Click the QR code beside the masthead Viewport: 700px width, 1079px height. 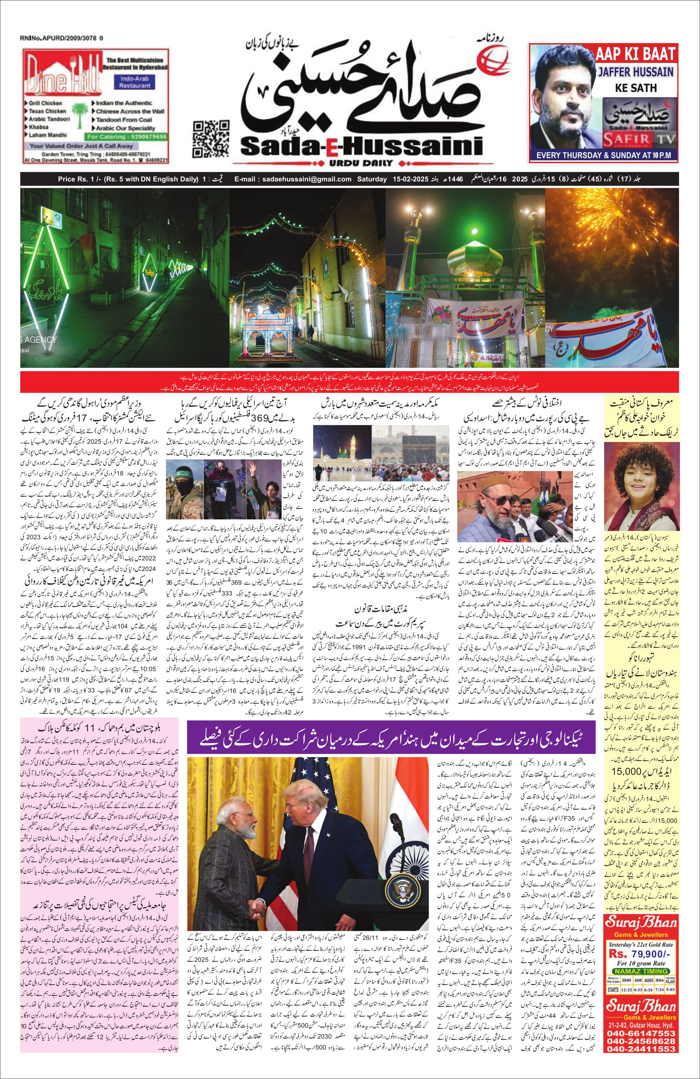click(211, 138)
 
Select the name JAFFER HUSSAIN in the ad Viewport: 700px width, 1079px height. click(635, 71)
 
